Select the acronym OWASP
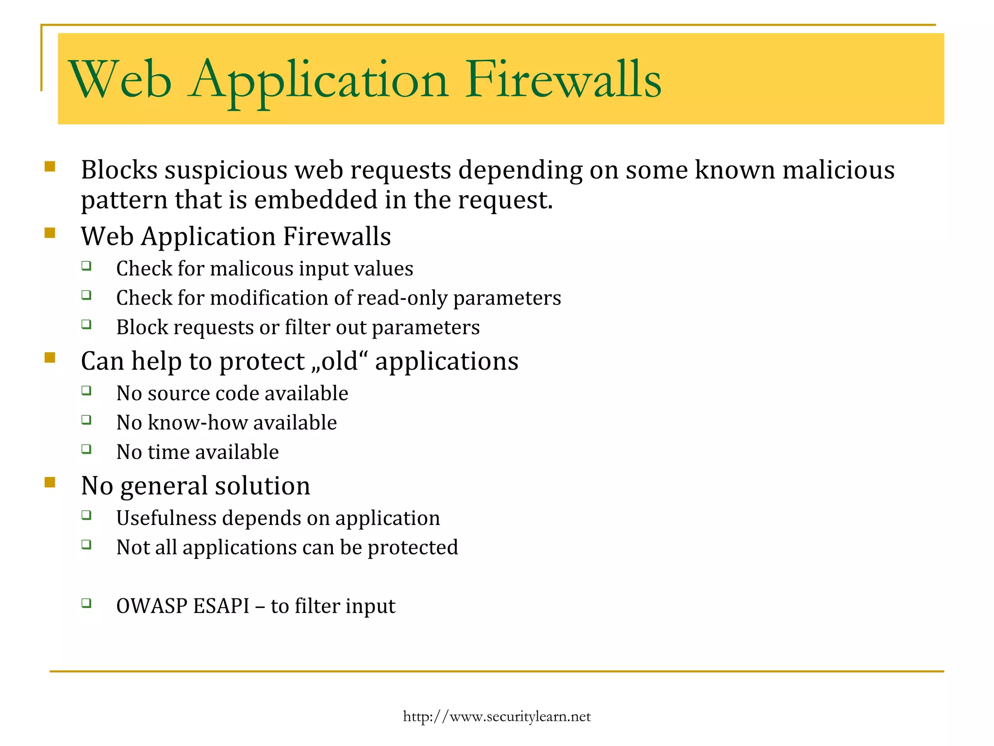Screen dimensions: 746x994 coord(151,606)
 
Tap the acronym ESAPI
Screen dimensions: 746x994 coord(221,606)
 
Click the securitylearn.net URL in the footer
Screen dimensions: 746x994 coord(497,716)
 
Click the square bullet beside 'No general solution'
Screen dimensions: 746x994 coord(50,482)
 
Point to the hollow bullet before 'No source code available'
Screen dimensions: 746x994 coord(86,390)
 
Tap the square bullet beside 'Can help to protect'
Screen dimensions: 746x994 coord(50,358)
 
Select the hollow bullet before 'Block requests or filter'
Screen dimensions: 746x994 coord(86,324)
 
